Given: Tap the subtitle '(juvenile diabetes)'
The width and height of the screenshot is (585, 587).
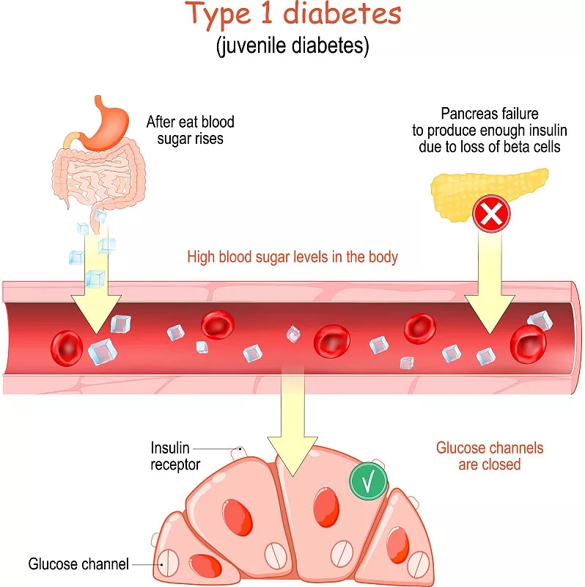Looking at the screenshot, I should (x=292, y=46).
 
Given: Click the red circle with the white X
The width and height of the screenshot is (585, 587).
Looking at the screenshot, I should (x=491, y=214).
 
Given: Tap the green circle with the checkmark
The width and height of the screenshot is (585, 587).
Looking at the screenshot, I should (x=369, y=481).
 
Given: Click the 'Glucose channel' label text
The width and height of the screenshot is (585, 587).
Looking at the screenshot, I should (x=78, y=564).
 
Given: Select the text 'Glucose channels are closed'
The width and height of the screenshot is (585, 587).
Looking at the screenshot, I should (x=490, y=456).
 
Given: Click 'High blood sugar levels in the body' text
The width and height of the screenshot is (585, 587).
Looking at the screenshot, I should (x=292, y=257).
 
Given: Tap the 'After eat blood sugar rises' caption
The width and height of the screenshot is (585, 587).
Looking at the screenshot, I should (x=190, y=130).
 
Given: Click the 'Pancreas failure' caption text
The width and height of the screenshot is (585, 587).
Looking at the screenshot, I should (x=490, y=114).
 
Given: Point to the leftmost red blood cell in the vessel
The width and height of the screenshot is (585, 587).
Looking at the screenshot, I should (x=67, y=346).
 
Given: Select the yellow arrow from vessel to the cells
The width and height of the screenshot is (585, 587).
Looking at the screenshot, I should (x=292, y=433).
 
